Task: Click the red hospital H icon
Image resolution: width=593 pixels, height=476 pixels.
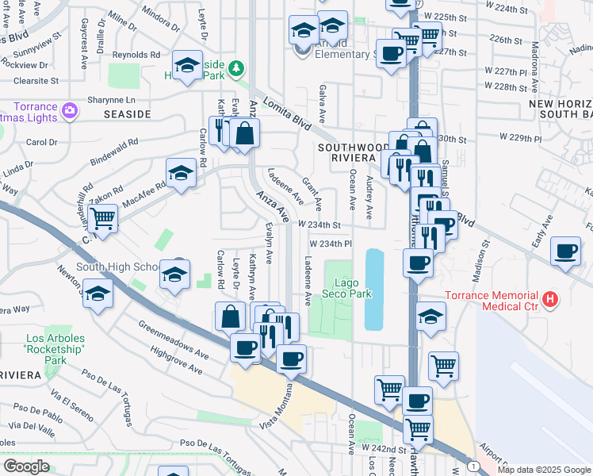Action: [x=549, y=301]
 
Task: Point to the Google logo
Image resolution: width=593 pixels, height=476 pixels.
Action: [x=27, y=466]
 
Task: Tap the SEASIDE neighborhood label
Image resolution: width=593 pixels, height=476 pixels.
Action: [x=127, y=114]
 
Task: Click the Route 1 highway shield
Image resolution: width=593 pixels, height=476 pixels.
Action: [x=473, y=466]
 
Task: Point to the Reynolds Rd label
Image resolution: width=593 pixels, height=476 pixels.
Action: [x=136, y=55]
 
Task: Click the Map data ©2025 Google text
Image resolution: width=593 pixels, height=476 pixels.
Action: [x=544, y=470]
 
